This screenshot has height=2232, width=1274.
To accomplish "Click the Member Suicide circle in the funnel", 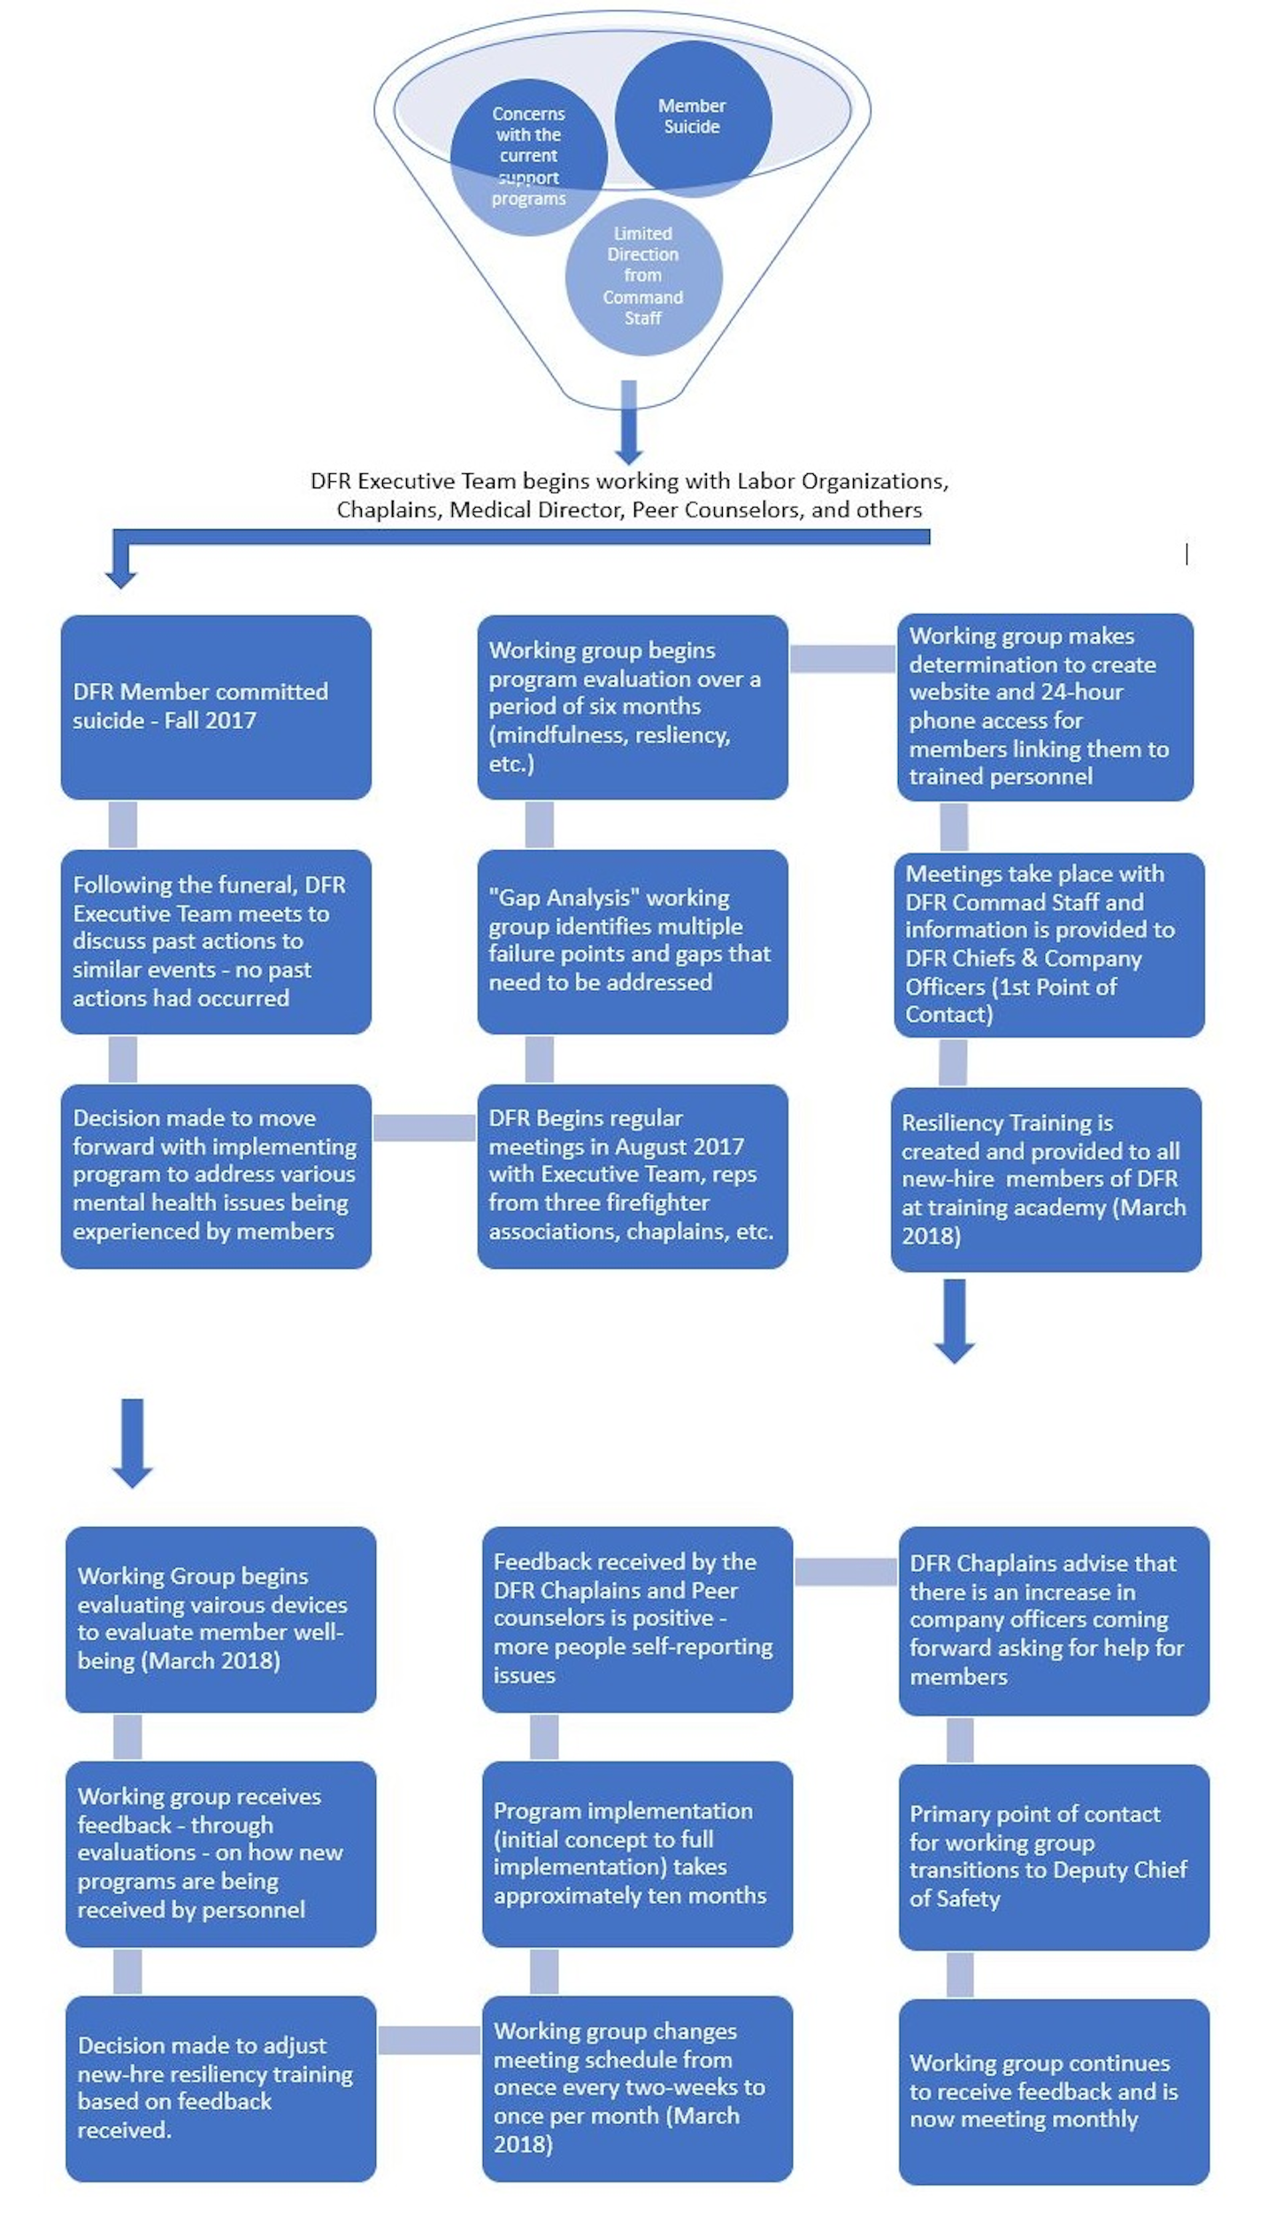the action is [693, 118].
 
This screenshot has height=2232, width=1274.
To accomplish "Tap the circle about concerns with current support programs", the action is [528, 157].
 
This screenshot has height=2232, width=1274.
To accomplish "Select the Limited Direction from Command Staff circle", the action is [643, 277].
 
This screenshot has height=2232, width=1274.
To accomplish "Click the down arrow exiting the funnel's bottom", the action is [629, 422].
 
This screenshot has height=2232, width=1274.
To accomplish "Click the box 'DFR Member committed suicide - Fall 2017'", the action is [216, 707].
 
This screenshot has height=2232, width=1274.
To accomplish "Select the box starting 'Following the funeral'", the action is [216, 941].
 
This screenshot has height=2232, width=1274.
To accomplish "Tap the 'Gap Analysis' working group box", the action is [633, 941].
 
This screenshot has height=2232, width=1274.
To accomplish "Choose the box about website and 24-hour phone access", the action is [1045, 707].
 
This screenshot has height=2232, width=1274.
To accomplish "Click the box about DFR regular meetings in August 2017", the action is [633, 1176].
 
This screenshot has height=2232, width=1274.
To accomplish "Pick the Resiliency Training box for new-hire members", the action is [1046, 1179].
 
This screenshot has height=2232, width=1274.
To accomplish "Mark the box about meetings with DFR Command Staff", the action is [1049, 945].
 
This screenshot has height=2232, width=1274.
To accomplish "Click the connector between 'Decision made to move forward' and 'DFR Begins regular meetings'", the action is [425, 1127].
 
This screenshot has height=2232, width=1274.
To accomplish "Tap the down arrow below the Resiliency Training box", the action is [955, 1320].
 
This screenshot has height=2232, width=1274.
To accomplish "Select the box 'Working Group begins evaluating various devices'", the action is [221, 1619].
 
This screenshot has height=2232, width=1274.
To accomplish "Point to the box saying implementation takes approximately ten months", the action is [637, 1853].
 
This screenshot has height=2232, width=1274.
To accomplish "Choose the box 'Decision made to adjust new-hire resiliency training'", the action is [221, 2088].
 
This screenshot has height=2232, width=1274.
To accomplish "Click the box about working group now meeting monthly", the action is [1054, 2091].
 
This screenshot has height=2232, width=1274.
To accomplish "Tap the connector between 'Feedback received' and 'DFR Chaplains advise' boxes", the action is [846, 1571].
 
